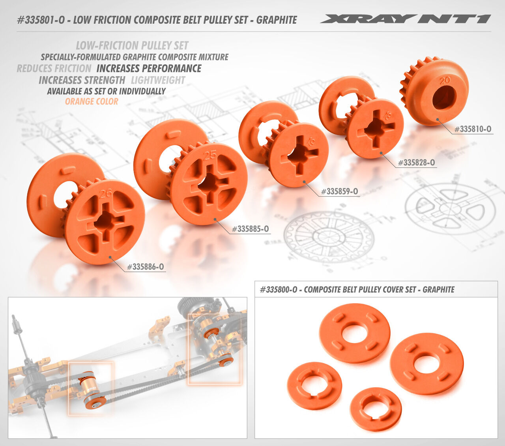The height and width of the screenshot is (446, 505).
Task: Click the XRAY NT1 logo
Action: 406,19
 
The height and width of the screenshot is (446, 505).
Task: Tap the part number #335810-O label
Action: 473,129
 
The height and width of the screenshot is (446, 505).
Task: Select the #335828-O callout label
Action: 417,163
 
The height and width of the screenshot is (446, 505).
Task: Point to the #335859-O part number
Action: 339,191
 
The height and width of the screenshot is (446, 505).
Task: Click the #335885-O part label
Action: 251,229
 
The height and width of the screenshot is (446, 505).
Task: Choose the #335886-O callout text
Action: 146,267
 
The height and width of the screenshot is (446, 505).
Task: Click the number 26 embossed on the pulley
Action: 105,194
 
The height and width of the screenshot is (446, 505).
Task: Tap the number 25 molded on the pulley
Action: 210,156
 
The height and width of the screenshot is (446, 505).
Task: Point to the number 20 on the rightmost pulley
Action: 445,81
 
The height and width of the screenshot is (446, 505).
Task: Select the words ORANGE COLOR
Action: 92,101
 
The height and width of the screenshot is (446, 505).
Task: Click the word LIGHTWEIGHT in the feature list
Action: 158,81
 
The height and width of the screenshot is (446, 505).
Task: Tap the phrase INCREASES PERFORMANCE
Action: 149,69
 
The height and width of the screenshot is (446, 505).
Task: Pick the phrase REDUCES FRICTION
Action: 54,69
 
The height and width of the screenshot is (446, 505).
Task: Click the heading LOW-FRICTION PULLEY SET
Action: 132,46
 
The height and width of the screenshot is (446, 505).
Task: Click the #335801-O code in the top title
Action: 41,20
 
